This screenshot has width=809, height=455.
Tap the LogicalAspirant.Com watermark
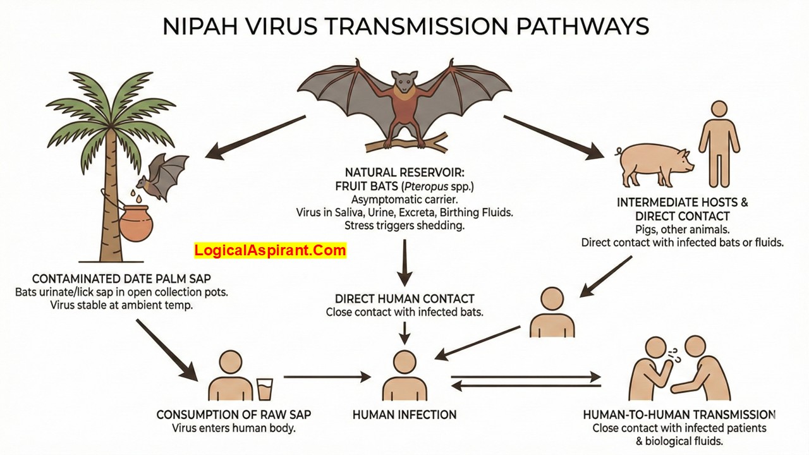pyautogui.click(x=271, y=250)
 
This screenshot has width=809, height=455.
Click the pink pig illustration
pyautogui.click(x=655, y=162)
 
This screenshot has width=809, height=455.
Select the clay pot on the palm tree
pyautogui.click(x=135, y=222)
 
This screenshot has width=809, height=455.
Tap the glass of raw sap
pyautogui.click(x=265, y=389)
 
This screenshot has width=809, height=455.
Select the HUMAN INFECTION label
pyautogui.click(x=404, y=415)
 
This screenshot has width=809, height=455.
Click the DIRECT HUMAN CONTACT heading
pyautogui.click(x=404, y=299)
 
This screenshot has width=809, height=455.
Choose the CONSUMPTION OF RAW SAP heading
pyautogui.click(x=234, y=415)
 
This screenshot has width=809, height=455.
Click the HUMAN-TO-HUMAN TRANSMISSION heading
pyautogui.click(x=679, y=415)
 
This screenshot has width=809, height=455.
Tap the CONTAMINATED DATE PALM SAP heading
pyautogui.click(x=122, y=279)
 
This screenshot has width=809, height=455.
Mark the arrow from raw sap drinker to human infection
pyautogui.click(x=327, y=377)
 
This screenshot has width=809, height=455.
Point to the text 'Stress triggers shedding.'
pyautogui.click(x=404, y=226)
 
